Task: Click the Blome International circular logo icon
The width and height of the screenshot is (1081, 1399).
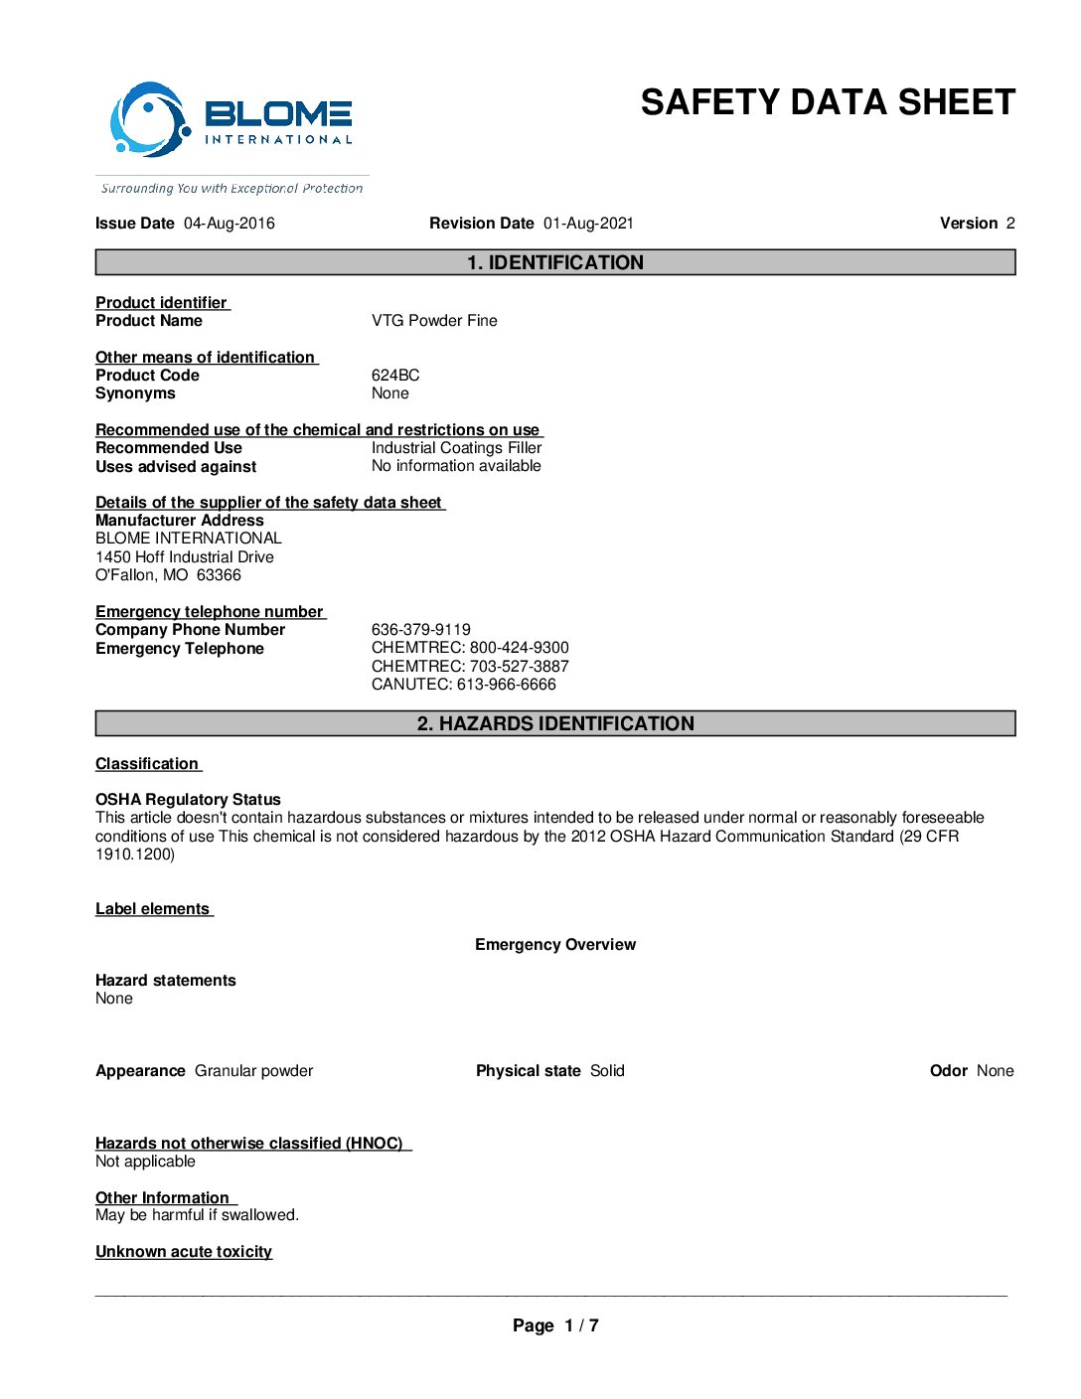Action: pos(149,120)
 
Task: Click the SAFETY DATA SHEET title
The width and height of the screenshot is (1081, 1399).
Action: pos(827,103)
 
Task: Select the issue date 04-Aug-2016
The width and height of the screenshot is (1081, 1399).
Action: pos(230,224)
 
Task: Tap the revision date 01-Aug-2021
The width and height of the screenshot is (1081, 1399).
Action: pos(588,224)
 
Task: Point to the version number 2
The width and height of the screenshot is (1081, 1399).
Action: pos(1009,224)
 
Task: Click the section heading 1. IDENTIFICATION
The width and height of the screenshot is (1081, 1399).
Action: pos(555,262)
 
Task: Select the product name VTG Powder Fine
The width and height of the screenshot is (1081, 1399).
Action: pos(434,321)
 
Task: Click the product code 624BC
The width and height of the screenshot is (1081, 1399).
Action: pos(395,376)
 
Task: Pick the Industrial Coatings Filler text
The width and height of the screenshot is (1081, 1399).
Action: pos(456,448)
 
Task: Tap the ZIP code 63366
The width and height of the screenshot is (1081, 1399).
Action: pos(219,575)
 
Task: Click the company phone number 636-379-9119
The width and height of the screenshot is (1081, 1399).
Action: pos(421,630)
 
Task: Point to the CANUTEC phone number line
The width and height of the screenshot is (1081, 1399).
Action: pos(464,685)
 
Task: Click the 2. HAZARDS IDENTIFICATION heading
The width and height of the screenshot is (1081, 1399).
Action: pos(555,723)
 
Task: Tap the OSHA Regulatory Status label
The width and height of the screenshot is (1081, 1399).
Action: pos(188,800)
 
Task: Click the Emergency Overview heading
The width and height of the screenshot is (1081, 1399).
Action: pos(555,945)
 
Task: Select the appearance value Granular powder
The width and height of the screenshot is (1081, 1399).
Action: pos(253,1071)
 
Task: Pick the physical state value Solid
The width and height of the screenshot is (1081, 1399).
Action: pos(607,1071)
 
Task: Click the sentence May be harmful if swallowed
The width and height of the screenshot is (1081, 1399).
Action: pos(197,1215)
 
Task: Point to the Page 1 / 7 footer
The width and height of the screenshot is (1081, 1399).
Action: pos(555,1325)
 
